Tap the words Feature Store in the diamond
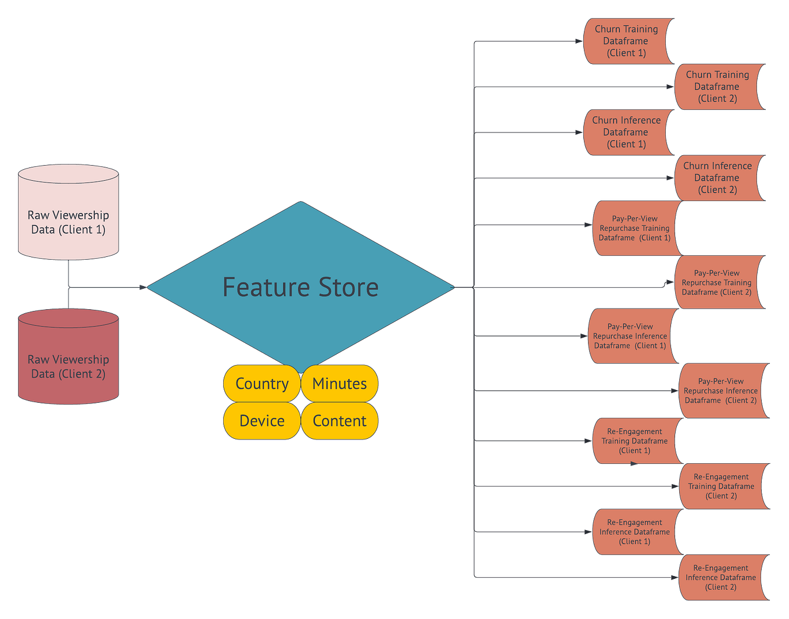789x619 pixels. click(300, 287)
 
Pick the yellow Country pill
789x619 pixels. click(261, 384)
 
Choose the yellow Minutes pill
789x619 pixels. click(339, 384)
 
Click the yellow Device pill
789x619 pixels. click(261, 421)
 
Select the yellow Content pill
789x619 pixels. click(339, 421)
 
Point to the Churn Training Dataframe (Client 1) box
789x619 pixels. click(626, 41)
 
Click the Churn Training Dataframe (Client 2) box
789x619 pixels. click(718, 87)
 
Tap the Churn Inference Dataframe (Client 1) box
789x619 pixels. click(626, 133)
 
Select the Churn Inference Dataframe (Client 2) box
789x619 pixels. click(718, 178)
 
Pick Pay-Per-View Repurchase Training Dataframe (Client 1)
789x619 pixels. click(634, 228)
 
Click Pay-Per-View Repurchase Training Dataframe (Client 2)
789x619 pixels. click(717, 282)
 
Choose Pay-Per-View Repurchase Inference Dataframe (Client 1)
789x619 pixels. click(630, 337)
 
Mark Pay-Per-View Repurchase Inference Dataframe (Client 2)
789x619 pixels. click(721, 391)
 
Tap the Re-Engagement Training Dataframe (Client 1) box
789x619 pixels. click(634, 441)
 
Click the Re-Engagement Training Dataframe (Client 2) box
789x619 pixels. click(721, 486)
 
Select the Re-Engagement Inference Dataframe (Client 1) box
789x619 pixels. click(634, 532)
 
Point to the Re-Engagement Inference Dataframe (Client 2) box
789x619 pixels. click(721, 578)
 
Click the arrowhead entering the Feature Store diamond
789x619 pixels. click(142, 287)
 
